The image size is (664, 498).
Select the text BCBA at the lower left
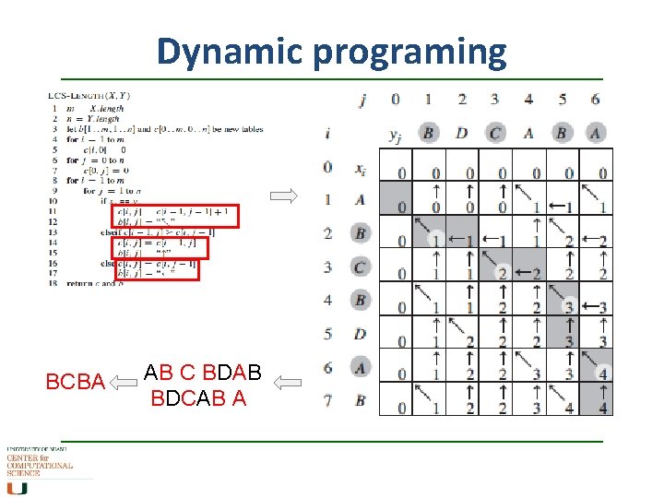(x=75, y=380)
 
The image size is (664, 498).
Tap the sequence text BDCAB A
(x=199, y=398)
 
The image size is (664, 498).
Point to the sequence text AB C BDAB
(x=203, y=373)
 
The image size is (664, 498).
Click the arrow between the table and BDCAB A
(x=290, y=380)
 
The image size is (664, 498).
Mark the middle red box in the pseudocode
(x=161, y=247)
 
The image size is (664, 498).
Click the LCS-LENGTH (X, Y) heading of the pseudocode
(x=89, y=95)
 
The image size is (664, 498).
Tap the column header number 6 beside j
(x=596, y=100)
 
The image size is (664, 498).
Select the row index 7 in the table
(x=327, y=401)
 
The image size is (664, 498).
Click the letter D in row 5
(x=361, y=334)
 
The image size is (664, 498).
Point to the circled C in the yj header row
(x=495, y=134)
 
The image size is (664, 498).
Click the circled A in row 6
(x=361, y=367)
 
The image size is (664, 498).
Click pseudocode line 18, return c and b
(x=92, y=283)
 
